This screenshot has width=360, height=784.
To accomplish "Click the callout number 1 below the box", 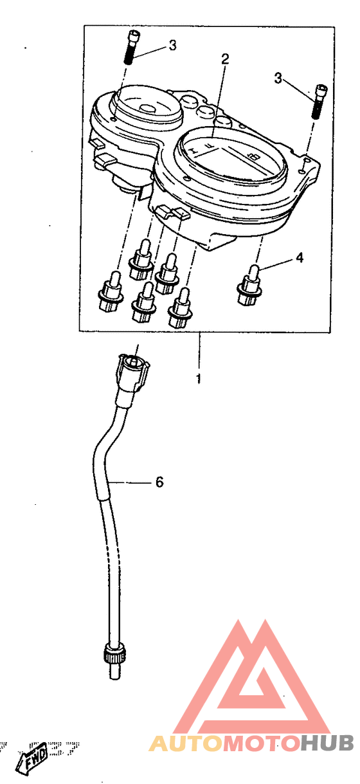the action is click(x=199, y=379).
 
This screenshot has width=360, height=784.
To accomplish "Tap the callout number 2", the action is click(x=225, y=59).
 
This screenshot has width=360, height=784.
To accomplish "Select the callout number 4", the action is click(x=299, y=258).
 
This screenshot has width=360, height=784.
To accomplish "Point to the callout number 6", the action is click(x=159, y=482).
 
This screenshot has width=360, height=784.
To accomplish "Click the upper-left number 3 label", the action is click(x=172, y=45).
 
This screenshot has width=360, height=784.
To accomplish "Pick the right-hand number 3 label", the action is click(x=278, y=78).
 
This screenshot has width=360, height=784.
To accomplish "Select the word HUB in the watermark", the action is click(x=327, y=743).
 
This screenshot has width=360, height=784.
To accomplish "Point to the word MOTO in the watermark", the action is click(x=262, y=743).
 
